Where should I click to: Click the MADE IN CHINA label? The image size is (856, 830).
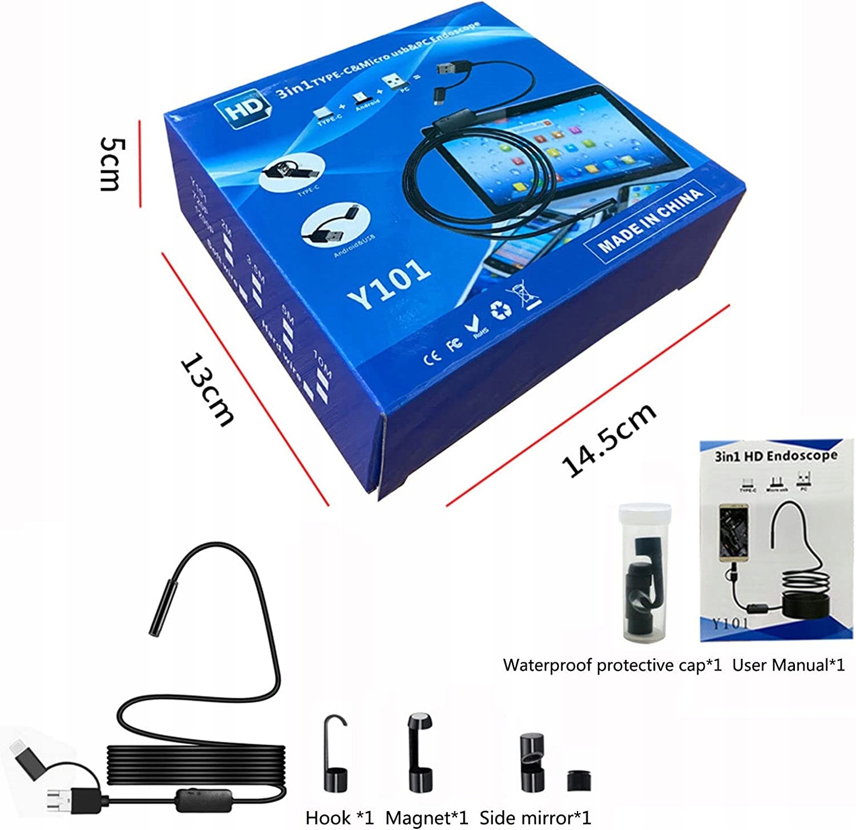click(651, 221)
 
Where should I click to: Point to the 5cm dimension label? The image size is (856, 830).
click(110, 164)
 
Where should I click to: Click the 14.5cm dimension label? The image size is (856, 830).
click(609, 440)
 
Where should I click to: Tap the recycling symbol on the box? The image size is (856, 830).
click(500, 309)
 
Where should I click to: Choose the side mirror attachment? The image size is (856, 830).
click(532, 762)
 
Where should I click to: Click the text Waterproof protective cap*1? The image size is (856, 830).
click(612, 665)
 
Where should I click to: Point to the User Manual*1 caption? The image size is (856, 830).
click(788, 665)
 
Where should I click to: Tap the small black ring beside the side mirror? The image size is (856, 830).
click(579, 780)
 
